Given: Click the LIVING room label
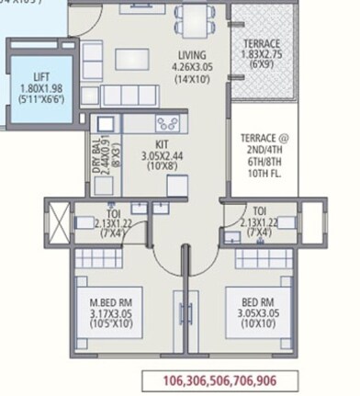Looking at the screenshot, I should click(192, 55).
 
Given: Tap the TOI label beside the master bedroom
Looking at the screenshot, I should click(112, 211).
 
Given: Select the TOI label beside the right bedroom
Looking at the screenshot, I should click(260, 210).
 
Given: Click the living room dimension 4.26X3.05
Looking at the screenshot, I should click(193, 66).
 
